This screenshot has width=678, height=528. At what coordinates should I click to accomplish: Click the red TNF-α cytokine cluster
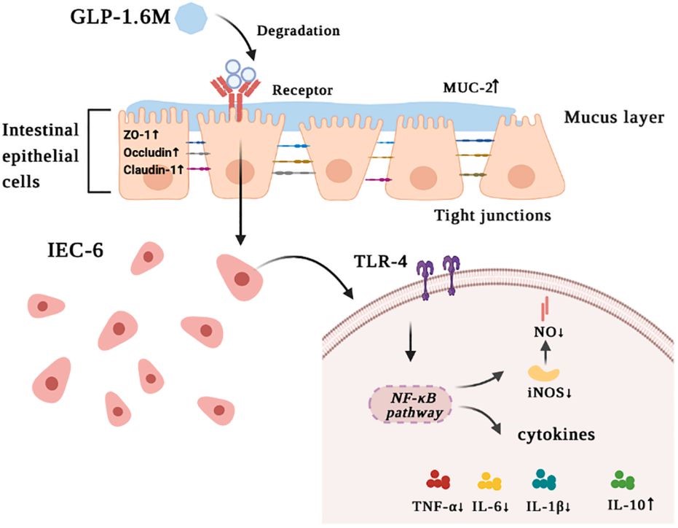coord(437,481)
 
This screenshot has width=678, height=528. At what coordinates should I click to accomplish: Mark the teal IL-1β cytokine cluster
coord(543,478)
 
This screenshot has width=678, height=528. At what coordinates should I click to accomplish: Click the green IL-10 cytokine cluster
coord(622,480)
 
